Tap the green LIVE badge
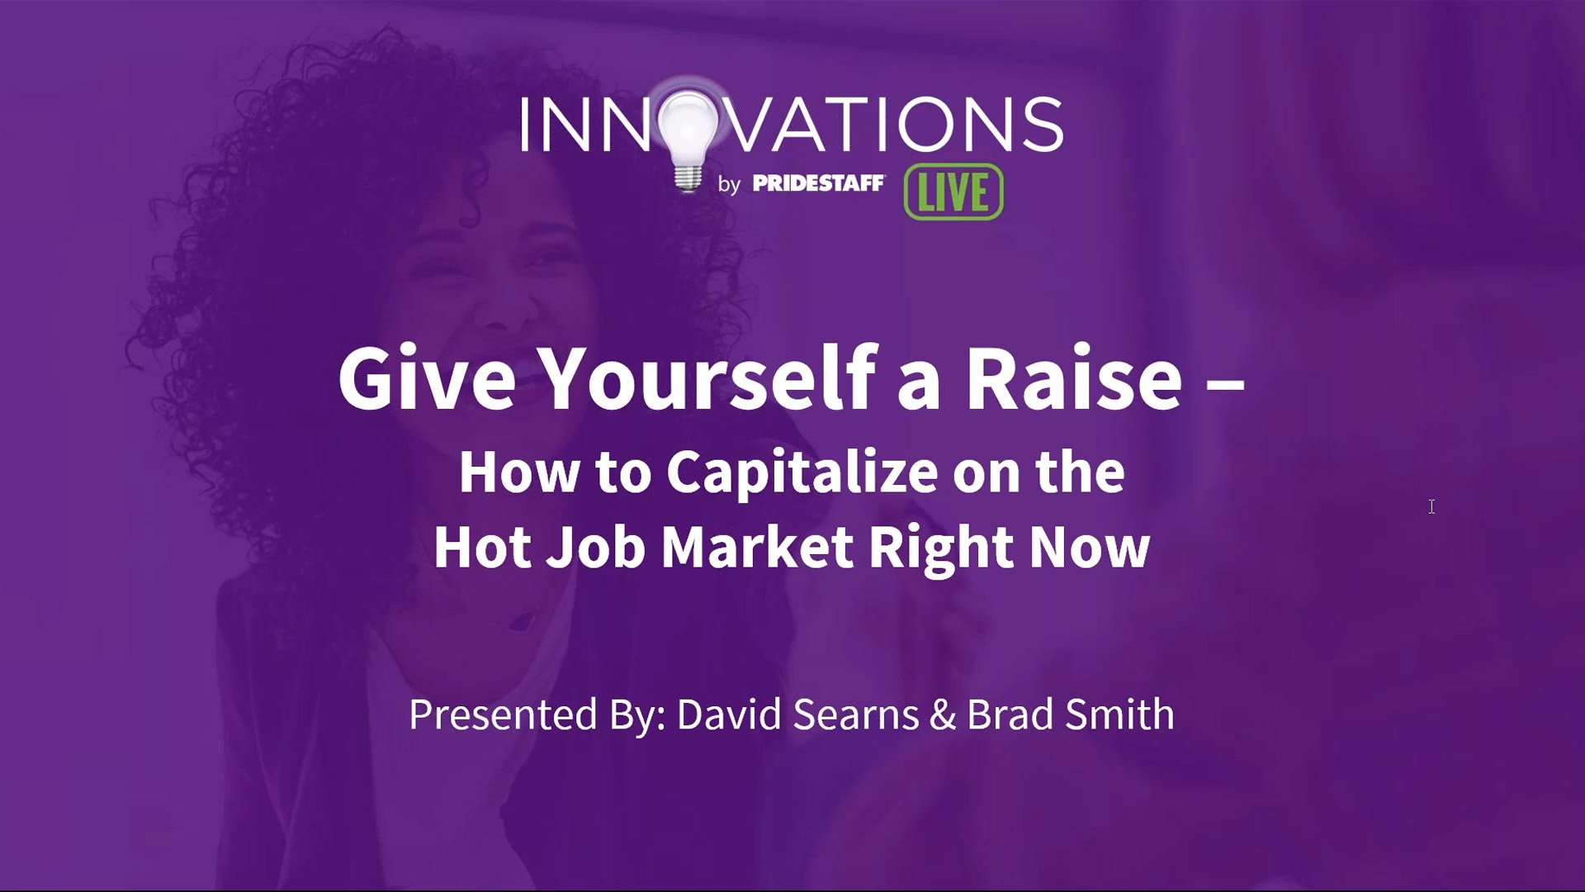953,192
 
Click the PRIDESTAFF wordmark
818,183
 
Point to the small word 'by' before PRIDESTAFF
729,184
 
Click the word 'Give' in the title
427,378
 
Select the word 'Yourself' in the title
707,378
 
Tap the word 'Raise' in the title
1073,378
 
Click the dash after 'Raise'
1225,382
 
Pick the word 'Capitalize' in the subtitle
802,473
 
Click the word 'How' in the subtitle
519,472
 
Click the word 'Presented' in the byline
503,714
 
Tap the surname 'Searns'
856,714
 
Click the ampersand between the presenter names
943,715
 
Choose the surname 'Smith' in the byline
1120,714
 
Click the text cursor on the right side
1431,506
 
